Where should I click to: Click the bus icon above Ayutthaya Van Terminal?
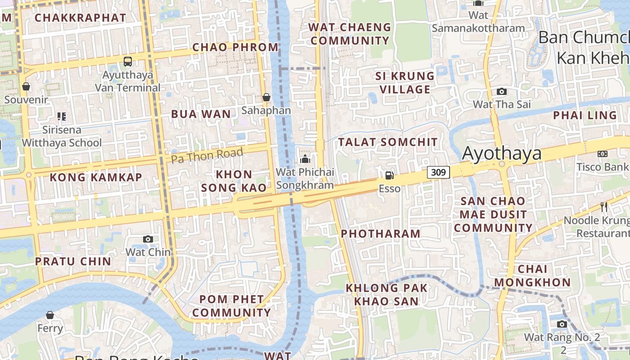(x=128, y=61)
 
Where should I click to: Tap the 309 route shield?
(x=439, y=172)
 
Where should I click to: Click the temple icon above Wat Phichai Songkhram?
(x=305, y=159)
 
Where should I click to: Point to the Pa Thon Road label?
(x=207, y=155)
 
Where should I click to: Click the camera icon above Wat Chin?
(x=148, y=239)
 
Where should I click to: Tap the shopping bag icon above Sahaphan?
(x=266, y=97)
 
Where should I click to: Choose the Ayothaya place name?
(x=502, y=153)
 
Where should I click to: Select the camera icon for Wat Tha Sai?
(x=502, y=91)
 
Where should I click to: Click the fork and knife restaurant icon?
(x=604, y=207)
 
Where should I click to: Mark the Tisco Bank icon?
(x=603, y=154)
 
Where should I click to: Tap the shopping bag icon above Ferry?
(x=50, y=315)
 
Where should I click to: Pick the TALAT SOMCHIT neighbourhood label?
(x=388, y=142)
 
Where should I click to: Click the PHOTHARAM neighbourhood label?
(x=381, y=234)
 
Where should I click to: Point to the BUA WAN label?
(x=201, y=114)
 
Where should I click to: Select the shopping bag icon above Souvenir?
(x=26, y=86)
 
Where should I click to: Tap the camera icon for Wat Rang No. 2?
(x=562, y=324)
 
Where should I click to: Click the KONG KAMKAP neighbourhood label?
(x=96, y=177)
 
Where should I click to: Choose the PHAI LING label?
(x=585, y=115)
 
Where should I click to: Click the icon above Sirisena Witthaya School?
(x=62, y=117)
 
